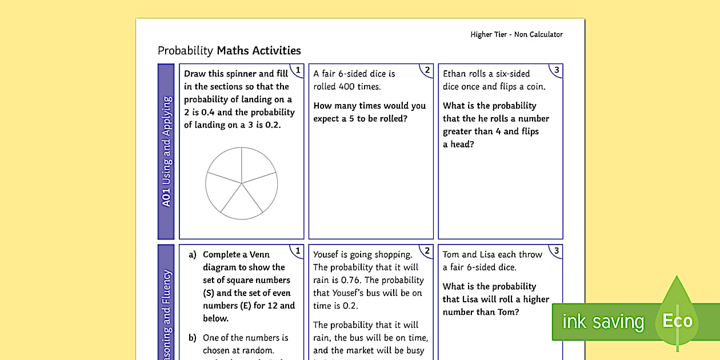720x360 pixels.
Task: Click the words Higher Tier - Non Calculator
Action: [x=516, y=34]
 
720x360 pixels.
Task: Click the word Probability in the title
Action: [x=185, y=51]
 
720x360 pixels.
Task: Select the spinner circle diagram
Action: [x=242, y=183]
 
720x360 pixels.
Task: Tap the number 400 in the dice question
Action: [x=354, y=86]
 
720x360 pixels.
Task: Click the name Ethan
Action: [x=454, y=74]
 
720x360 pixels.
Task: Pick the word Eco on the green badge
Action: [x=677, y=321]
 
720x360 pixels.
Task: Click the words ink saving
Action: [x=602, y=322]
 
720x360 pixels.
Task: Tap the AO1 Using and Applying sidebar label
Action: [x=166, y=151]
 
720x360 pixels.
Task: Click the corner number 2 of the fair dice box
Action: [x=426, y=70]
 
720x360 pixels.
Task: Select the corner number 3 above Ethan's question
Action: [x=555, y=70]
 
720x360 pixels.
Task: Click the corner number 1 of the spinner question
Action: [x=297, y=70]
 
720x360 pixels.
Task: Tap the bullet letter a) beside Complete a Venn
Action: [x=193, y=255]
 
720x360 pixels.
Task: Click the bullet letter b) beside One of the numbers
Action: [x=193, y=338]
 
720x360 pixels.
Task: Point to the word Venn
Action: [x=259, y=255]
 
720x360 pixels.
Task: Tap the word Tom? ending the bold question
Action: [x=507, y=312]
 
